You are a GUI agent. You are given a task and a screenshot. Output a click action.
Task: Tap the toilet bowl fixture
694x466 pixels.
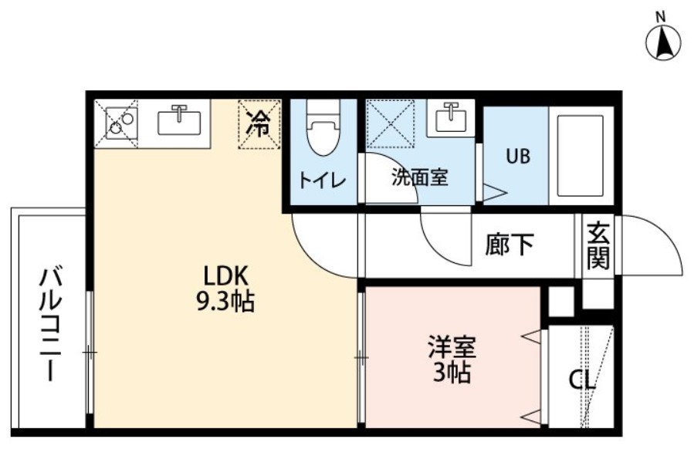click(323, 127)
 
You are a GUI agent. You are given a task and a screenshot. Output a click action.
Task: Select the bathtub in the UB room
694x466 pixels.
click(581, 156)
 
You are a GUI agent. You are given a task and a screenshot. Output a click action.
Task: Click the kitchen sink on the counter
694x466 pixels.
click(179, 121)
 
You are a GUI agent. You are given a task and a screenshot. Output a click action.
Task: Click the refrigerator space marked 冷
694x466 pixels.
click(259, 124)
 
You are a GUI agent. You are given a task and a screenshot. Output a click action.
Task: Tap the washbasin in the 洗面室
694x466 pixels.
click(451, 118)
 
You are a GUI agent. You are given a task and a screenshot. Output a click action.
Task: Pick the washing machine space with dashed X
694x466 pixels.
click(391, 123)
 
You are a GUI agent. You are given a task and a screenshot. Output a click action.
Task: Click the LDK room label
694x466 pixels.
click(224, 276)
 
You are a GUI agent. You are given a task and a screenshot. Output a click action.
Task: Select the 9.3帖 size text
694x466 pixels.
click(225, 302)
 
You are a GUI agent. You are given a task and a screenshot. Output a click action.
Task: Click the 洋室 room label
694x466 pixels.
click(452, 347)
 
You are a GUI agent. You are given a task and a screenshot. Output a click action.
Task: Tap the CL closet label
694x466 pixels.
click(582, 380)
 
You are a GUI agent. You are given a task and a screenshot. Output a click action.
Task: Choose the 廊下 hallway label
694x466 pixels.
click(509, 244)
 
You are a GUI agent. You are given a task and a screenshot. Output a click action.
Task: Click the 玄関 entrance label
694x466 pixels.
click(598, 245)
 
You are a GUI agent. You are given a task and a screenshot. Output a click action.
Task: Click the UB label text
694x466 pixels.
click(518, 156)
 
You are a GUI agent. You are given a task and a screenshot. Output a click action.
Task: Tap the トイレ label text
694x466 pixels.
click(322, 180)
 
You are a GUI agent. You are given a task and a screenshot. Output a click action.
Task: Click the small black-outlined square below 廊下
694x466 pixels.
click(561, 302)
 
